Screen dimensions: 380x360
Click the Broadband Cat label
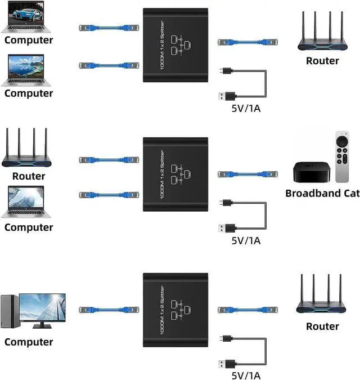pyautogui.click(x=322, y=193)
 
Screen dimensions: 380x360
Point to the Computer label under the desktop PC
pyautogui.click(x=29, y=342)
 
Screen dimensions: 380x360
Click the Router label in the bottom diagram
pyautogui.click(x=322, y=326)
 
